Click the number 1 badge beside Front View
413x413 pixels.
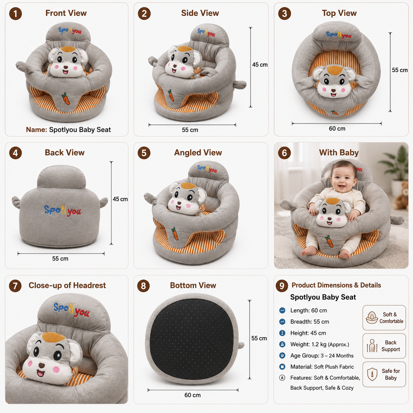click(15, 14)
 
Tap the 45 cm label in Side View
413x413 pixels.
click(260, 65)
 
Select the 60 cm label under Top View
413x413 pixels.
click(337, 128)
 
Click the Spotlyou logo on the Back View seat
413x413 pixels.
click(63, 211)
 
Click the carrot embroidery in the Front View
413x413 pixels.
click(66, 99)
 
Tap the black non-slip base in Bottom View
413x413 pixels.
click(191, 339)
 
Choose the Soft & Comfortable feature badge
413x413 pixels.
click(384, 317)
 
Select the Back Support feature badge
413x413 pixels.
click(384, 346)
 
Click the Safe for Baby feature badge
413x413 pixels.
click(384, 374)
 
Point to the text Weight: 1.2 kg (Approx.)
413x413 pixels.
click(319, 344)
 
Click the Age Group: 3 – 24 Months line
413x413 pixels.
click(322, 356)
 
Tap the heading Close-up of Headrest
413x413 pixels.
click(67, 286)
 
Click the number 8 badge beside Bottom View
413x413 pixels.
click(143, 286)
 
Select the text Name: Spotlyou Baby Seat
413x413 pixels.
click(69, 130)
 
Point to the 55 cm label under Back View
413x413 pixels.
click(60, 259)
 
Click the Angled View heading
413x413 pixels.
click(198, 152)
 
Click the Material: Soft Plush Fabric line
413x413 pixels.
click(322, 367)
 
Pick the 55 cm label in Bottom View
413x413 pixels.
click(259, 339)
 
